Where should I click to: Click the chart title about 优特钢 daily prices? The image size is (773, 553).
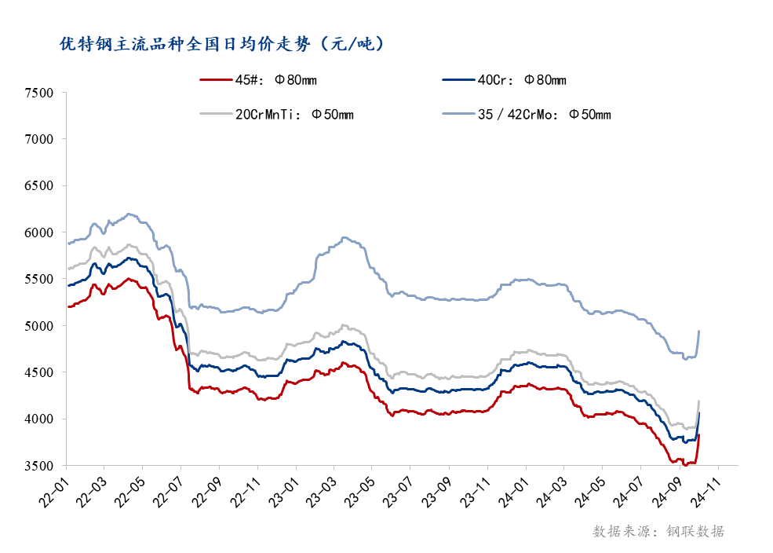click(223, 44)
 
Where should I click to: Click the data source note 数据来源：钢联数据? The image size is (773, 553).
click(658, 532)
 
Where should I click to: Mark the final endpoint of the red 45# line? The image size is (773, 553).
click(699, 434)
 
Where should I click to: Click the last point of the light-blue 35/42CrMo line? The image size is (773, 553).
click(699, 331)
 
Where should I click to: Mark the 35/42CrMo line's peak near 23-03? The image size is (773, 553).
click(344, 237)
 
